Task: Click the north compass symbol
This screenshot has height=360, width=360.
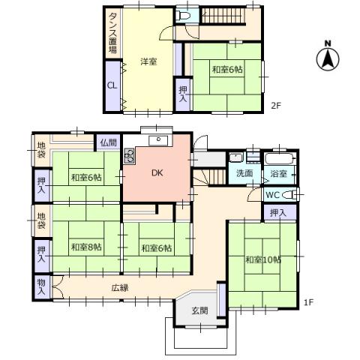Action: coord(328,58)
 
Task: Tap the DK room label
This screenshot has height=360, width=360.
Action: coord(157,172)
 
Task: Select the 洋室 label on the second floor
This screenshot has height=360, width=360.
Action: coord(148,61)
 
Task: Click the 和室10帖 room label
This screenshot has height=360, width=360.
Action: coord(263,259)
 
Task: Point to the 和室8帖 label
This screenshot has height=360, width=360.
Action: coord(86,247)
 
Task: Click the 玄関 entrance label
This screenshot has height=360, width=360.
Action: coord(199,310)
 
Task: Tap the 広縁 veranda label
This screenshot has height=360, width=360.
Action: coord(120,288)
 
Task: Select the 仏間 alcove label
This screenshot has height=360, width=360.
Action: coord(109,142)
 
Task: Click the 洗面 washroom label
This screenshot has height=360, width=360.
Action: coord(244,173)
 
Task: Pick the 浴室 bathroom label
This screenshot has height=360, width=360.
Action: coord(278,173)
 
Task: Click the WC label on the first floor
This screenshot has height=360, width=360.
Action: coord(272,195)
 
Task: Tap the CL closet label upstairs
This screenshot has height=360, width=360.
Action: coord(112,85)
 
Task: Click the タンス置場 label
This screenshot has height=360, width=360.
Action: coord(112,32)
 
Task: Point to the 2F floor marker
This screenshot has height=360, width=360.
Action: coord(276,105)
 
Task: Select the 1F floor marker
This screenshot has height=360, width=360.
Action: coord(308,302)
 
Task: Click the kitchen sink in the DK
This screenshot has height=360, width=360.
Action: coord(159,140)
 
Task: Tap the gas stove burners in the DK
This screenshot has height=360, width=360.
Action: coord(130,156)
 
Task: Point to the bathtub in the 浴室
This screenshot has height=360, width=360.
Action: coord(280,158)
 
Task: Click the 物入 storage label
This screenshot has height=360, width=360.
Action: coord(41,287)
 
